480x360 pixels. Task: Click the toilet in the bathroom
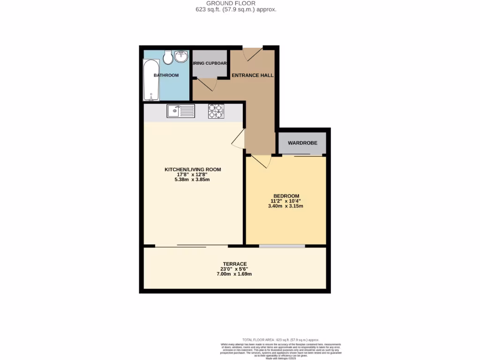pyautogui.click(x=168, y=57)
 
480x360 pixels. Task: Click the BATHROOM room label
pyautogui.click(x=166, y=75)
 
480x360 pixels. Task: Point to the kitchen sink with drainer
pyautogui.click(x=180, y=111)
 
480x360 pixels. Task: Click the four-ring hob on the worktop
pyautogui.click(x=216, y=111)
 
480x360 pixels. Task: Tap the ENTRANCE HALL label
pyautogui.click(x=253, y=75)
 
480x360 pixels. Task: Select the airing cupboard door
pyautogui.click(x=207, y=84)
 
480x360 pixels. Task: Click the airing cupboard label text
pyautogui.click(x=210, y=63)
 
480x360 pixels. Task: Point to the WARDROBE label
pyautogui.click(x=302, y=143)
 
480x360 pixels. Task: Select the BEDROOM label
pyautogui.click(x=286, y=196)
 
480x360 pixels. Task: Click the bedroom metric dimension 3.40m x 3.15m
pyautogui.click(x=286, y=206)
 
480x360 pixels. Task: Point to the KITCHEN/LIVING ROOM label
pyautogui.click(x=193, y=169)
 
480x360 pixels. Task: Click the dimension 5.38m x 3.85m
pyautogui.click(x=193, y=179)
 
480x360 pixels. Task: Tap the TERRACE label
pyautogui.click(x=235, y=264)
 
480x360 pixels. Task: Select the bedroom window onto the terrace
pyautogui.click(x=282, y=246)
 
